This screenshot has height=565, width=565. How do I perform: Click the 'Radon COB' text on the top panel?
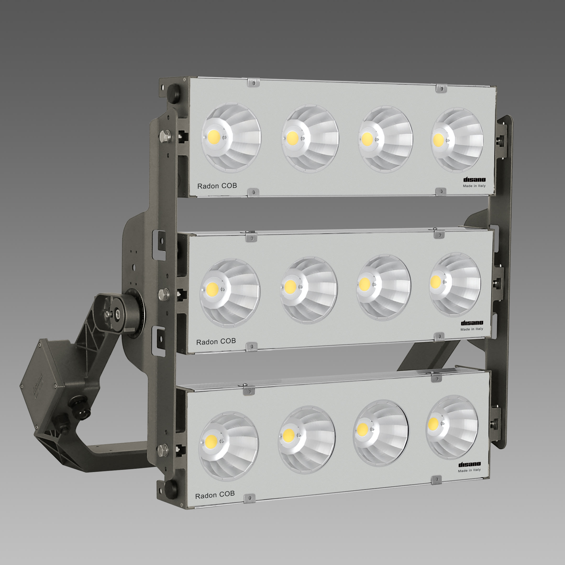tap(217, 186)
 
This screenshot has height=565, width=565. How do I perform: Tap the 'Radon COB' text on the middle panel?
tap(216, 341)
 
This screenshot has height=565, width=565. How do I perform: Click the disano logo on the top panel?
tap(474, 179)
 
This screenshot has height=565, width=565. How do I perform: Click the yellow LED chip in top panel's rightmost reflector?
tap(438, 140)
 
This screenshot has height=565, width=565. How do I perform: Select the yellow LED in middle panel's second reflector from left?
tap(290, 286)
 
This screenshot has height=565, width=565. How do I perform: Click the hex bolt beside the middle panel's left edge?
tap(163, 294)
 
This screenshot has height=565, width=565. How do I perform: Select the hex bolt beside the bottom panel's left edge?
tap(163, 448)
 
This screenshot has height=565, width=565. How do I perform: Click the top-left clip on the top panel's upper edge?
tap(253, 83)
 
